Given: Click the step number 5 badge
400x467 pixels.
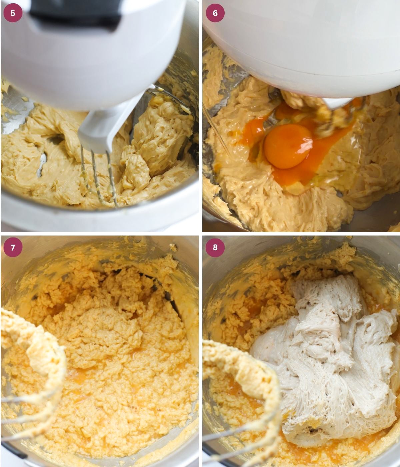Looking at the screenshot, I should pos(13,13).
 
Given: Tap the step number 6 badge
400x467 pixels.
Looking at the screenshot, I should pos(215,13).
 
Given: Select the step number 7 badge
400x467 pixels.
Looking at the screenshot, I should pos(13,247).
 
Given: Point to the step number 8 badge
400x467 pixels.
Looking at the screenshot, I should pos(215,247).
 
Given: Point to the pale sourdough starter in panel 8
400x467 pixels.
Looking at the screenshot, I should pos(327,350).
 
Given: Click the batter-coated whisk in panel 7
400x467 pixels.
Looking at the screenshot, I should pos(37,354).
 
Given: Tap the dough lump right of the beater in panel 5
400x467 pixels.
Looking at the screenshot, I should pos(160,130).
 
